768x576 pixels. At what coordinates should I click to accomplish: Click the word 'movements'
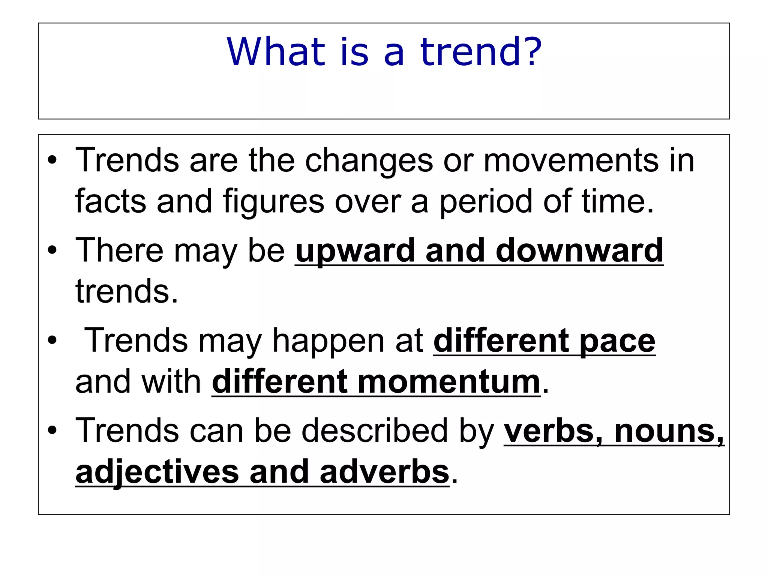tap(570, 160)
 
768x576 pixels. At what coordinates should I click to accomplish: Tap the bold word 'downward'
tap(579, 250)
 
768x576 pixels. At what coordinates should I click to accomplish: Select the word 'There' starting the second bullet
tap(119, 250)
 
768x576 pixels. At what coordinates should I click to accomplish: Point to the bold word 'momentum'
tap(449, 382)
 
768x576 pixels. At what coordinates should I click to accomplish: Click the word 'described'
tap(375, 430)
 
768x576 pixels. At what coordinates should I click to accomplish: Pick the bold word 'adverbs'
tap(384, 472)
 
